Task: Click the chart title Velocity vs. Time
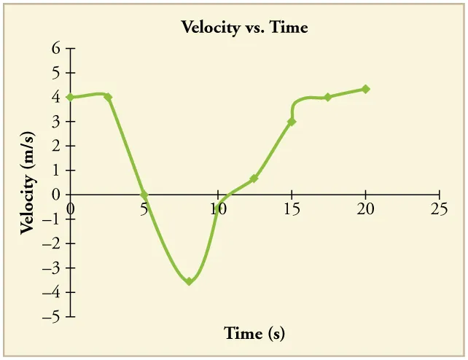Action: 244,28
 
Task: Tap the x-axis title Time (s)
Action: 254,334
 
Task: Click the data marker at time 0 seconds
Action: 71,97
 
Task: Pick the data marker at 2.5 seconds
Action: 108,97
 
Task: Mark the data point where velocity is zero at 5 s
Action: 144,195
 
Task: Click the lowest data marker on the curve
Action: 189,281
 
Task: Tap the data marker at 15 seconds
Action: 292,122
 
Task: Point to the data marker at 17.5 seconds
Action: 328,97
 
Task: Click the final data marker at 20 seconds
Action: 365,89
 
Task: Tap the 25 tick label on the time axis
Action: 439,209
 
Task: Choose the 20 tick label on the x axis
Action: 365,209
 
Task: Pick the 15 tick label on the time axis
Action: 292,209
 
